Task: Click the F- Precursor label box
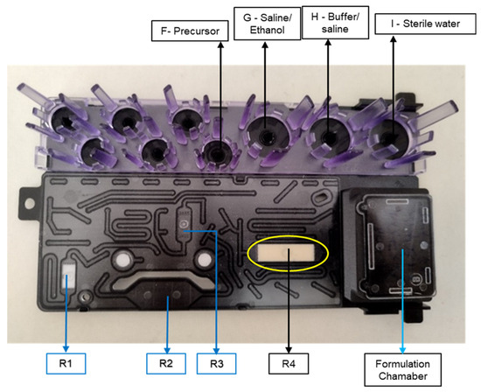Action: [x=190, y=31]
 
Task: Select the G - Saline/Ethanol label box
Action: [x=268, y=24]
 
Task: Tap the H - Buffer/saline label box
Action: [x=335, y=23]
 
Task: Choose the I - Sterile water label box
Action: [x=425, y=24]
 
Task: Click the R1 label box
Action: [x=66, y=363]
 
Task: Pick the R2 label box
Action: [x=166, y=363]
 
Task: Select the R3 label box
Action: [x=216, y=364]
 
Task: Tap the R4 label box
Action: [x=289, y=364]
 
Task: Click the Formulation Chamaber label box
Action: [x=403, y=369]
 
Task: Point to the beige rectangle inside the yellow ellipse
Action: [x=286, y=253]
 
